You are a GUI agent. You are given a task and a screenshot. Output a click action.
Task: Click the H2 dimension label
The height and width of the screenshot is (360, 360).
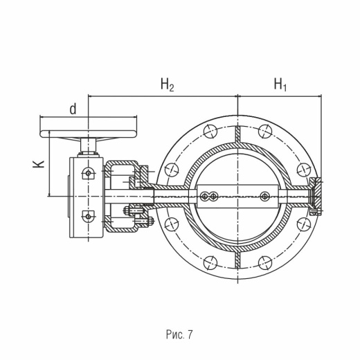pos(168,84)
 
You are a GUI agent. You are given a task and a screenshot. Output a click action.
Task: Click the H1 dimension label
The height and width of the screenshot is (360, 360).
pos(280,84)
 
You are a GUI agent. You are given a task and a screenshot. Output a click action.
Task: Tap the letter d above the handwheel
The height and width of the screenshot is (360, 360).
pos(73,109)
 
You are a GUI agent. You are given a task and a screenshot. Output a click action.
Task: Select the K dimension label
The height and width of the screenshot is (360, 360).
pos(39,163)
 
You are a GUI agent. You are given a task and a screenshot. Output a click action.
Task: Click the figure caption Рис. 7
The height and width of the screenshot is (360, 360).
pos(179,334)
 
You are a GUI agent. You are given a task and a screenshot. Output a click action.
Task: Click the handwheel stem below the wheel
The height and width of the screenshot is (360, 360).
pos(88,145)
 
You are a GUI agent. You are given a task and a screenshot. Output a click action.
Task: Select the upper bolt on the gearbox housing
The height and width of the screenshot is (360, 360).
pos(88,173)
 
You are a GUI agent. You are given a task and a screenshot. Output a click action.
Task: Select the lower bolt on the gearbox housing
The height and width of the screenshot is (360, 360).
pos(88,217)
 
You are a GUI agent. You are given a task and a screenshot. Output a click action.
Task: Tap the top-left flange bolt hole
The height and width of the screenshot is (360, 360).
pos(210,131)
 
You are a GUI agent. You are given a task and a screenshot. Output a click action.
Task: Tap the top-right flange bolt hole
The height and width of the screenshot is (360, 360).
pos(265,131)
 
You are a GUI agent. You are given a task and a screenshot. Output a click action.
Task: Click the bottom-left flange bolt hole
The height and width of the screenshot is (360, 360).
pos(210,263)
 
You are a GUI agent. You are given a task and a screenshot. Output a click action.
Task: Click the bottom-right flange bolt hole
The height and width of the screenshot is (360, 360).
pos(265,263)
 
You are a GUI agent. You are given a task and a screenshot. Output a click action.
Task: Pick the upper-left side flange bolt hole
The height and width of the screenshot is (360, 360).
pos(172,170)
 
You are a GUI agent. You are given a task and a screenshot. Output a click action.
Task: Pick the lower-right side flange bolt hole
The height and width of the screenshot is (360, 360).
pos(304,224)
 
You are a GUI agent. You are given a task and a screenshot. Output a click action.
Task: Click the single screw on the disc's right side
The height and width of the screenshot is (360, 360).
pos(264,197)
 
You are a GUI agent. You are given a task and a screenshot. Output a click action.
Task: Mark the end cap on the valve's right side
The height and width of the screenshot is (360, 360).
pos(316,197)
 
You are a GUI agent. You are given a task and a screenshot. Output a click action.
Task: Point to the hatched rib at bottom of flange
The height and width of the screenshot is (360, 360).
pos(238,259)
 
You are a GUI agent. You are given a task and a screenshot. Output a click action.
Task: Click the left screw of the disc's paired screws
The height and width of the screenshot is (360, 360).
pos(204,197)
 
